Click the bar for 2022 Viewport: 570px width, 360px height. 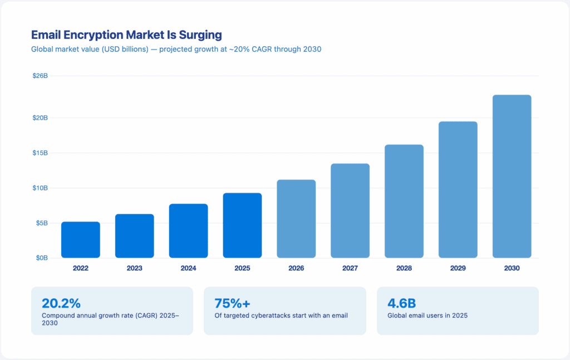(x=81, y=240)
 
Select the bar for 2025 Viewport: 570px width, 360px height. (x=242, y=225)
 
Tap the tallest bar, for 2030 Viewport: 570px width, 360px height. (x=512, y=176)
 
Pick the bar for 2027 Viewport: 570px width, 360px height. (x=350, y=211)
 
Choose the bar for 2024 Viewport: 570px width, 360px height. (x=188, y=231)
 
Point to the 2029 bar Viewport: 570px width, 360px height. (x=458, y=190)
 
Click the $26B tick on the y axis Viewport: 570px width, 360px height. (x=40, y=76)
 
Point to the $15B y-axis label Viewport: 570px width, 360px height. (x=40, y=153)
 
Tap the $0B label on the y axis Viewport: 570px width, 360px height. (x=41, y=258)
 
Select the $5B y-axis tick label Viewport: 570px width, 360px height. (x=41, y=223)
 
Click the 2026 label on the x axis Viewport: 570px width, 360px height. (x=296, y=268)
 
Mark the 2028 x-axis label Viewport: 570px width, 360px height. (x=404, y=268)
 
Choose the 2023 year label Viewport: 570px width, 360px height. (x=134, y=268)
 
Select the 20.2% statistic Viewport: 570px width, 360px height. (x=61, y=303)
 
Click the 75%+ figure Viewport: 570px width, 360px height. (x=232, y=303)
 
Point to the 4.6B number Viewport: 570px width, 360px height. (x=401, y=303)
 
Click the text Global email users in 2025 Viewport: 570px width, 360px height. (x=427, y=315)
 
